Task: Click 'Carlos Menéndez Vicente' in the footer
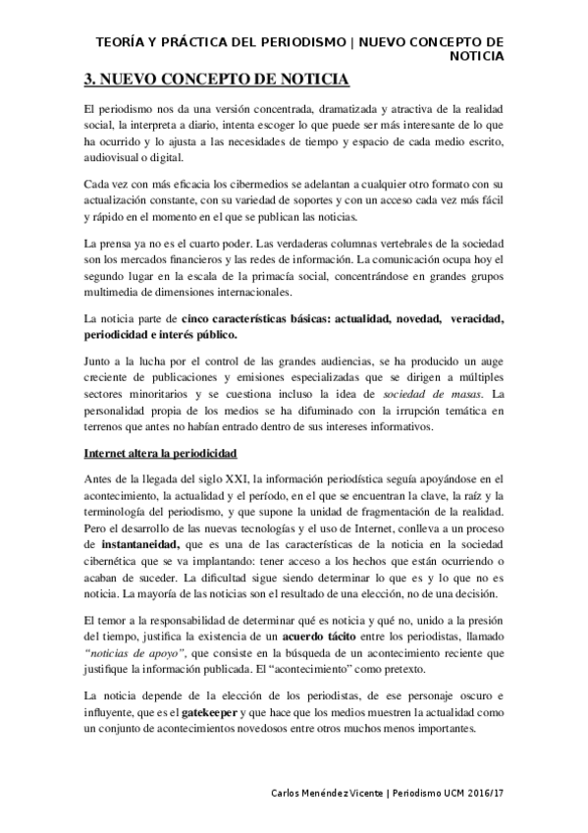329,793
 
